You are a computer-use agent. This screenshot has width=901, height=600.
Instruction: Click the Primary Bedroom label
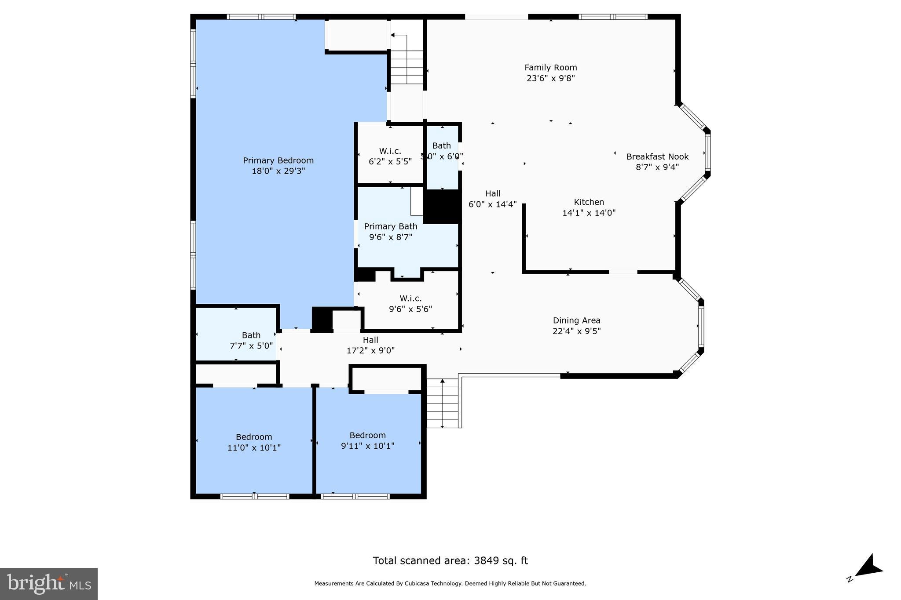point(278,161)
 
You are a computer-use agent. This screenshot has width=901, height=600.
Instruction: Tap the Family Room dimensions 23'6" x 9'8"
point(550,79)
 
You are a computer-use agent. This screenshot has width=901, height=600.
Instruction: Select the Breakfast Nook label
point(657,157)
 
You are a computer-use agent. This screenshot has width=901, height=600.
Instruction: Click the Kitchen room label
point(589,202)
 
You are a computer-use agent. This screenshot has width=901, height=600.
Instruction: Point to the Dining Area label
point(576,321)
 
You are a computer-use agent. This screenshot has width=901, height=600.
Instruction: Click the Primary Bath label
point(391,227)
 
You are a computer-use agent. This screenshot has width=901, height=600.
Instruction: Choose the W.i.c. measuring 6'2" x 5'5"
point(390,156)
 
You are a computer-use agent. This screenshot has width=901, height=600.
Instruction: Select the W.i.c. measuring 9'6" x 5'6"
point(410,304)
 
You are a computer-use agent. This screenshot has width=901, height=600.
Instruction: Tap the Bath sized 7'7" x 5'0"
point(251,341)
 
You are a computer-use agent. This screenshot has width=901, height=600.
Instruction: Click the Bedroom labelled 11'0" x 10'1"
point(254,442)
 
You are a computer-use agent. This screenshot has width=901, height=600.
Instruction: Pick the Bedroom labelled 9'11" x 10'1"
point(368,440)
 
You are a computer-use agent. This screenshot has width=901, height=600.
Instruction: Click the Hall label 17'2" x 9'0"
point(370,345)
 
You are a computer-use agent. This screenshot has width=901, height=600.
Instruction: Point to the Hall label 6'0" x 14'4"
point(493,199)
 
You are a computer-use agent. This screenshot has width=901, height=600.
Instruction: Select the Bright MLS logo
point(49,584)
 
